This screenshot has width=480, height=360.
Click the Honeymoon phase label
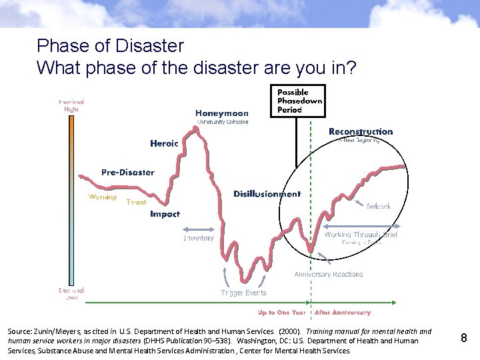click(x=222, y=113)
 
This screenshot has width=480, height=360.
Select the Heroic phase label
click(x=164, y=143)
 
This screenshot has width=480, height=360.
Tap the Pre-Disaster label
click(x=127, y=172)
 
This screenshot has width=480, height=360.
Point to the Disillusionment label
click(x=267, y=194)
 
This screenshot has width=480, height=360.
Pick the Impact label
click(x=165, y=214)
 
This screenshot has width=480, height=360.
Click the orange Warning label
click(x=102, y=197)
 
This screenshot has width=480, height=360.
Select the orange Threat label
click(x=136, y=202)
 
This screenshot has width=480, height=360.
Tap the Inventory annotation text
click(x=199, y=238)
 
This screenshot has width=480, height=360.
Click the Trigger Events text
click(x=243, y=293)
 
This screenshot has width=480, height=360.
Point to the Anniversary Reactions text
click(x=329, y=274)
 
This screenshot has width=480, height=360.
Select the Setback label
click(x=378, y=207)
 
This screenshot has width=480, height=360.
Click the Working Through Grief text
click(x=361, y=235)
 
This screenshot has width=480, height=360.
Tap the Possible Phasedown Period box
click(x=299, y=101)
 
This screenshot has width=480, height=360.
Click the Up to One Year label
click(x=282, y=312)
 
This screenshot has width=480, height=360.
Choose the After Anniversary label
click(x=342, y=312)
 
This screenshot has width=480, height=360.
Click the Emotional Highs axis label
click(x=71, y=105)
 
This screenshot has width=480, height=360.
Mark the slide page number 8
click(x=464, y=339)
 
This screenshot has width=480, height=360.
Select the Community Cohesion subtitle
click(x=223, y=122)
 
